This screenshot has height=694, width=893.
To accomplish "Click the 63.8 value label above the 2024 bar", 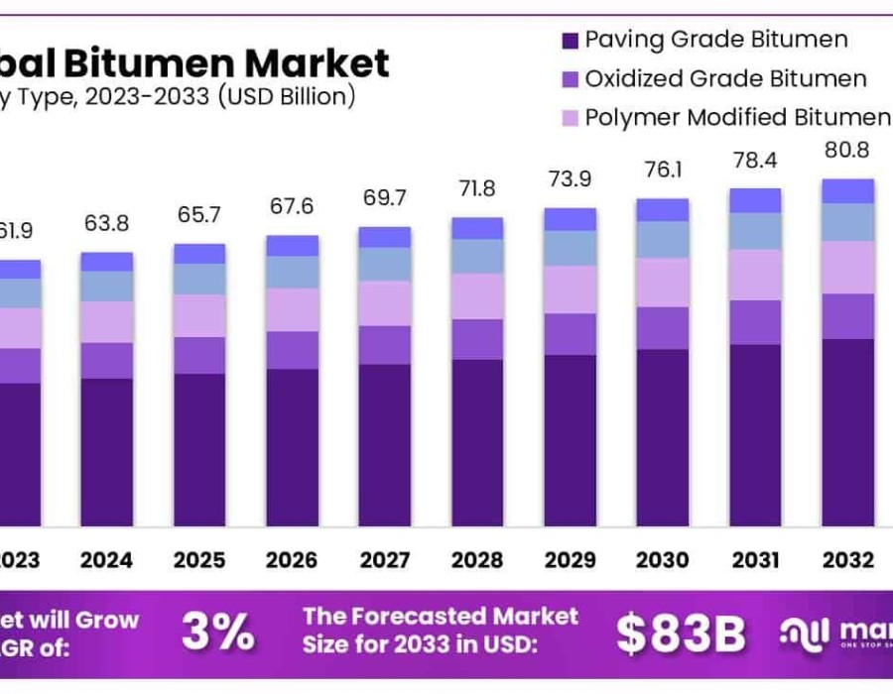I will pyautogui.click(x=106, y=223).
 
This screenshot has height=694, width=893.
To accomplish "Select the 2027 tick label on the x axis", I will pyautogui.click(x=384, y=560).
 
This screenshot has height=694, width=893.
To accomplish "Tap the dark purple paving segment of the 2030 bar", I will pyautogui.click(x=663, y=436).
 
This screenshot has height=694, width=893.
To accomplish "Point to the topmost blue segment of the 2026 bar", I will pyautogui.click(x=292, y=246).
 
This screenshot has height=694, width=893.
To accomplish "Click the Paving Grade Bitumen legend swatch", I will pyautogui.click(x=570, y=41).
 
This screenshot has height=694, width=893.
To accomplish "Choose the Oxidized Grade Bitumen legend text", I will pyautogui.click(x=725, y=78).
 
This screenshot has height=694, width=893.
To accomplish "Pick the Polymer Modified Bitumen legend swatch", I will pyautogui.click(x=570, y=118).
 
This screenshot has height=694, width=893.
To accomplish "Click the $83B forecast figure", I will pyautogui.click(x=680, y=634).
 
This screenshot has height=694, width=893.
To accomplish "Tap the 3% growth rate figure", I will pyautogui.click(x=218, y=632).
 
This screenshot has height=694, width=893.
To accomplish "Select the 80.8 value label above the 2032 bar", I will pyautogui.click(x=848, y=152).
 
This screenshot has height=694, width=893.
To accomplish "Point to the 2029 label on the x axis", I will pyautogui.click(x=570, y=560).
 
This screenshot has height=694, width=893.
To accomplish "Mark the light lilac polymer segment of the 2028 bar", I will pyautogui.click(x=477, y=295).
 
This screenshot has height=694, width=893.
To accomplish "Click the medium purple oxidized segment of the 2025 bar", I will pyautogui.click(x=199, y=355).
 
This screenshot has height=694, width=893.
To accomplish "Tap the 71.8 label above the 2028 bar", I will pyautogui.click(x=477, y=187).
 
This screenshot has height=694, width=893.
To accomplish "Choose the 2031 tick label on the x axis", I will pyautogui.click(x=756, y=560).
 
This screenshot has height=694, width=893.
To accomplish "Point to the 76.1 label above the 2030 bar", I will pyautogui.click(x=663, y=170).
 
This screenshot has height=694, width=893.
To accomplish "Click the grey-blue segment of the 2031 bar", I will pyautogui.click(x=756, y=231).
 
